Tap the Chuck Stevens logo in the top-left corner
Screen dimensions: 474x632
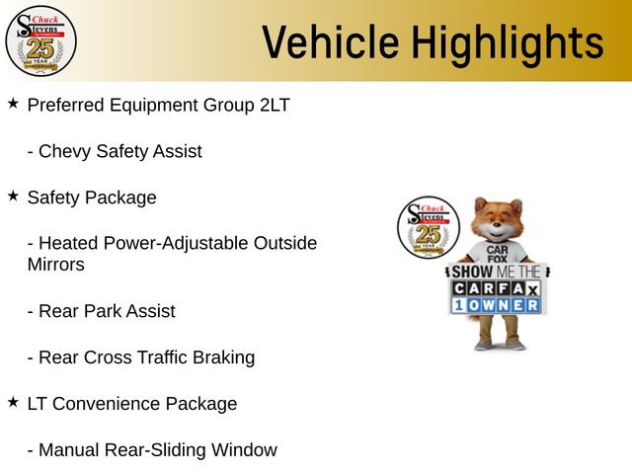click(40, 39)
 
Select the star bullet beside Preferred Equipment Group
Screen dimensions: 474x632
click(13, 103)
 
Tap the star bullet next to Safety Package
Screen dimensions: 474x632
click(13, 196)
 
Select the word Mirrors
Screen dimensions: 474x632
click(55, 265)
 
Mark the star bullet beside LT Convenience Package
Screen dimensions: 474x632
click(13, 402)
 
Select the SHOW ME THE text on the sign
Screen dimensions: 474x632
click(497, 272)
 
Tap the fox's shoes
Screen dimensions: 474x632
click(498, 344)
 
